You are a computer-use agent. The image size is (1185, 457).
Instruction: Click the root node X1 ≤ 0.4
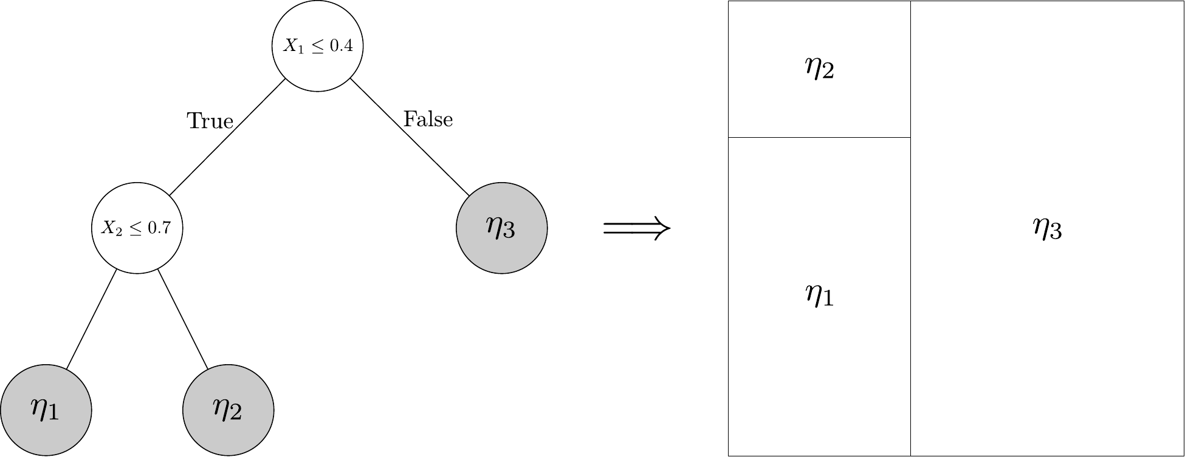[317, 46]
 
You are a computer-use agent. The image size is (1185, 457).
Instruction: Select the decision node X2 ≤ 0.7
[137, 228]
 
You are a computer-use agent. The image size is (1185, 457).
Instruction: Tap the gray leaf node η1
[46, 410]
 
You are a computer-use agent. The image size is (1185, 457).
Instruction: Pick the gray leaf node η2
[228, 410]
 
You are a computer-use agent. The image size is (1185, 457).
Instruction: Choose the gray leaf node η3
[501, 228]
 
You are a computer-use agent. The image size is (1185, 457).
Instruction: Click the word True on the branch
[210, 121]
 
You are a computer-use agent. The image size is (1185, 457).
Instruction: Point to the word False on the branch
[428, 120]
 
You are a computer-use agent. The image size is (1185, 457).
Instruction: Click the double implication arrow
[636, 229]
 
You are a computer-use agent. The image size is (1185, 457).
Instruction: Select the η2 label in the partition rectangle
[819, 69]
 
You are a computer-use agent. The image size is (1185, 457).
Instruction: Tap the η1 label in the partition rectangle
[819, 296]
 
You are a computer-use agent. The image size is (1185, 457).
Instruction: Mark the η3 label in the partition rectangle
[1047, 229]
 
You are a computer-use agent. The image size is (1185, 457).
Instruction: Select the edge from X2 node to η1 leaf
[91, 319]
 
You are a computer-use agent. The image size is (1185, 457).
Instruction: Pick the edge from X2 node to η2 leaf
[183, 319]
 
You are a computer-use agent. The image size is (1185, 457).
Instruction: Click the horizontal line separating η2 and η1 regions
[819, 137]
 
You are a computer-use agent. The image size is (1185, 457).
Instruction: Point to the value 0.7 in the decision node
[160, 229]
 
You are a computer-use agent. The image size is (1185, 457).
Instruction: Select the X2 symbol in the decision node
[108, 229]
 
